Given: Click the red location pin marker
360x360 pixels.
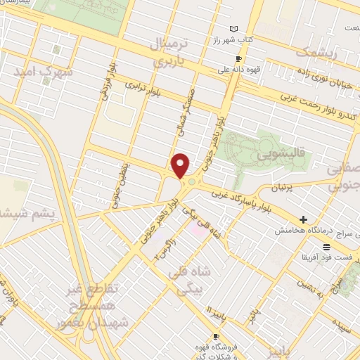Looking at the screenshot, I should pyautogui.click(x=181, y=165).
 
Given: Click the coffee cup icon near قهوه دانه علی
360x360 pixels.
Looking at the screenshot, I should pyautogui.click(x=238, y=58).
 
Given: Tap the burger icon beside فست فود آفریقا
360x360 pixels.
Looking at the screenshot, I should pyautogui.click(x=326, y=246).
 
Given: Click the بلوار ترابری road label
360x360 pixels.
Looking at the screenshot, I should pyautogui.click(x=150, y=94).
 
